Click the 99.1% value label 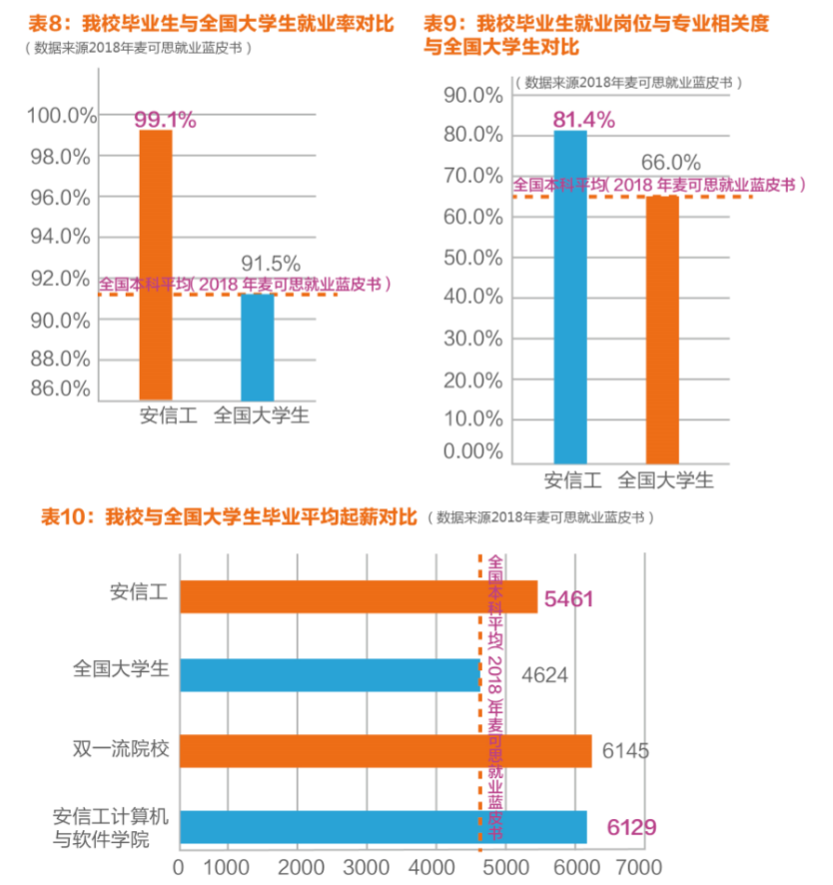tap(165, 119)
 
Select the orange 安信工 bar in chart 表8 tap(156, 265)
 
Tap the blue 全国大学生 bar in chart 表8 tap(258, 347)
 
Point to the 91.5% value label tap(271, 264)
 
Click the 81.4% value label tap(582, 120)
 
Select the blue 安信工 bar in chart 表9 tap(570, 297)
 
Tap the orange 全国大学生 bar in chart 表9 tap(662, 330)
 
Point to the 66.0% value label tap(670, 162)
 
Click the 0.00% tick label tap(470, 450)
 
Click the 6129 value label tap(630, 827)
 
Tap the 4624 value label tap(544, 675)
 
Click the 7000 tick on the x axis tap(639, 864)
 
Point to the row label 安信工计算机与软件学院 tap(111, 827)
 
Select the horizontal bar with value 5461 tap(359, 596)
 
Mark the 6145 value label tap(625, 750)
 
